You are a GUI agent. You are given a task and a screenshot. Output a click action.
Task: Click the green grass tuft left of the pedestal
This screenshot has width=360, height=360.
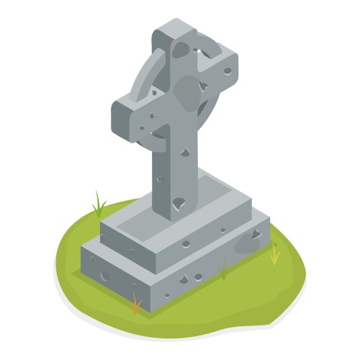(99, 204)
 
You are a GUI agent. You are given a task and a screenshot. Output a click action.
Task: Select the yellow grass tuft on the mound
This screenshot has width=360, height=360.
(274, 253)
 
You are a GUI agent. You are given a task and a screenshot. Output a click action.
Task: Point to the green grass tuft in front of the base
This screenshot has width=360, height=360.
(223, 271)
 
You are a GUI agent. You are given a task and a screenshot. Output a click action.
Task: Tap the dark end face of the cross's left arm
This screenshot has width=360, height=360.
(120, 116)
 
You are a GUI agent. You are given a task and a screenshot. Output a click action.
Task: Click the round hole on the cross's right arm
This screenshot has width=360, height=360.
(227, 71)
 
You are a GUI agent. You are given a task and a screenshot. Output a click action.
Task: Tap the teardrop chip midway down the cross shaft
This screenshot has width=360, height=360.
(185, 153)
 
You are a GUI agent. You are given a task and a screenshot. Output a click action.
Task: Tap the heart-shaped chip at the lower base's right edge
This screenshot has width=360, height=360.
(256, 233)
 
